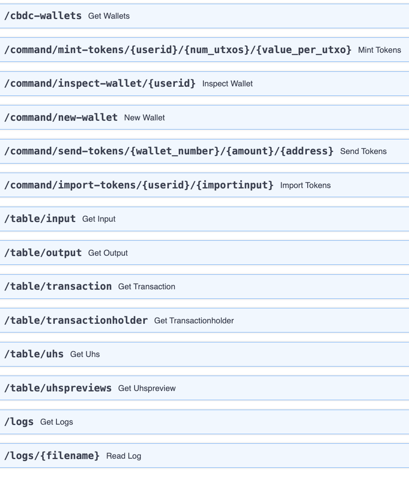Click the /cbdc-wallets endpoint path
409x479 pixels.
point(43,16)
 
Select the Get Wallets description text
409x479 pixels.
point(109,16)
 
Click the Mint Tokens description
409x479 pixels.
point(380,50)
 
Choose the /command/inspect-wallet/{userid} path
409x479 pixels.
point(100,83)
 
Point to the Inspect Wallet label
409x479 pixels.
point(227,84)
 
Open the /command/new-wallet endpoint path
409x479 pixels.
point(61,117)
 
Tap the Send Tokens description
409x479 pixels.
point(363,152)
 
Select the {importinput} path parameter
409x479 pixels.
point(235,185)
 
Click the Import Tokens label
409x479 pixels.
point(305,186)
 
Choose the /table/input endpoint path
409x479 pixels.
point(40,219)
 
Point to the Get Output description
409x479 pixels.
point(108,253)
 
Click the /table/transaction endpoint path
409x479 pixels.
point(58,286)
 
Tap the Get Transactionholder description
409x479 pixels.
point(194,321)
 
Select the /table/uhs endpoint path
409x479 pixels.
point(34,354)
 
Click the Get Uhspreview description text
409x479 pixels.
point(147,389)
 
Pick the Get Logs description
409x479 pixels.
point(56,422)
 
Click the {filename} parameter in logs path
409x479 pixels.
point(73,456)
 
